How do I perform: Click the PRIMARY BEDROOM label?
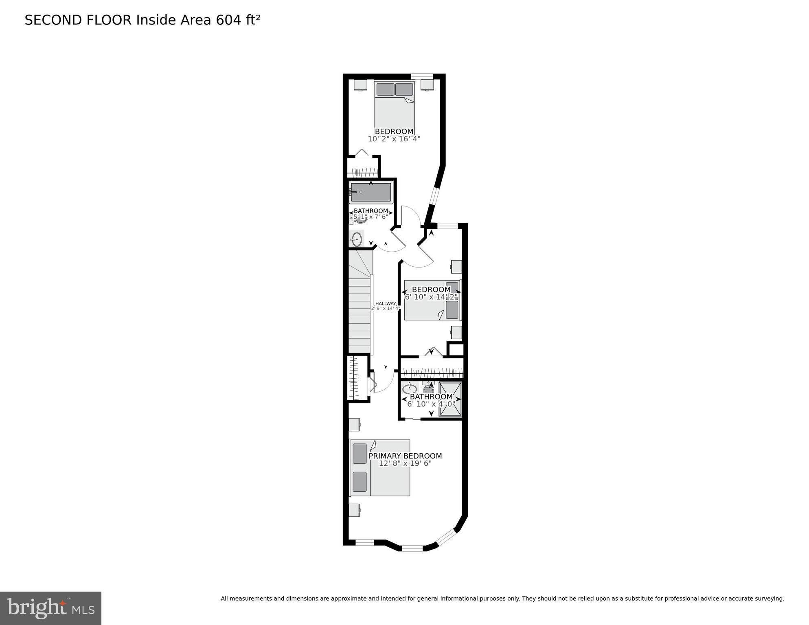405,456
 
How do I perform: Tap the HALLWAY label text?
385,303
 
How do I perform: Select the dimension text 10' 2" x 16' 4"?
394,139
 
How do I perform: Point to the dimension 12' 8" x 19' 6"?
405,464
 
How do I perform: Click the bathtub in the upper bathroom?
371,192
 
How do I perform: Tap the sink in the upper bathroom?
357,239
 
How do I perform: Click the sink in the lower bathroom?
409,388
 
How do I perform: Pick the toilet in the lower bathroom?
428,387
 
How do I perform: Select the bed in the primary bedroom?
380,467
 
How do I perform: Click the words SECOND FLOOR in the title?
78,20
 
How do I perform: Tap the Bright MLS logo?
50,608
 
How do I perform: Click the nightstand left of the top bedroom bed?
360,85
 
